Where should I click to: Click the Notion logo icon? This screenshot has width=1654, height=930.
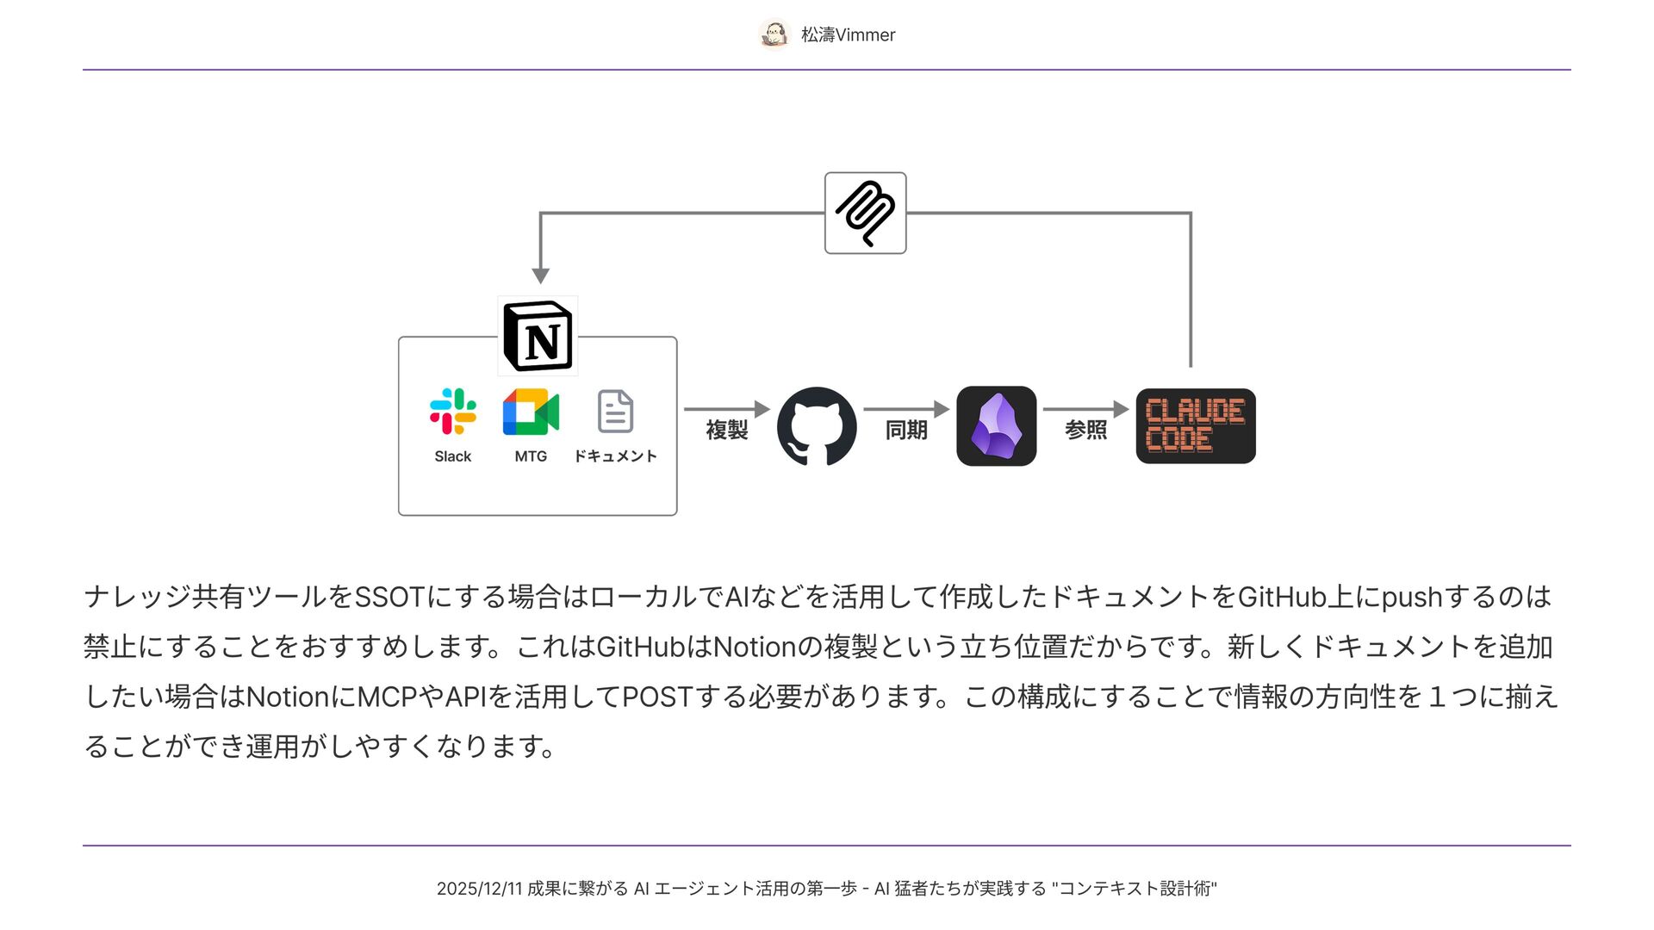pos(538,337)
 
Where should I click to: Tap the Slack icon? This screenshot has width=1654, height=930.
pos(453,412)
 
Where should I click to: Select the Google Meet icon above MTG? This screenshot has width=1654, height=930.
pos(531,412)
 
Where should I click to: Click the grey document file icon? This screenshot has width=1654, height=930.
pos(615,412)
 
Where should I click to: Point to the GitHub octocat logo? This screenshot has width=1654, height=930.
pos(817,426)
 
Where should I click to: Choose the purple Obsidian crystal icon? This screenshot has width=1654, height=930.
pos(997,426)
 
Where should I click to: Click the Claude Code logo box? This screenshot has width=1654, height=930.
pos(1196,426)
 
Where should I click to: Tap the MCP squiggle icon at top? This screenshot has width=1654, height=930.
pos(865,214)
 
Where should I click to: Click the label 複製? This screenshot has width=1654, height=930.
pos(727,430)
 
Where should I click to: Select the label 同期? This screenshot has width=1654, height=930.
pos(906,430)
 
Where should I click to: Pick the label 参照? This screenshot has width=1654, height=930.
pos(1085,430)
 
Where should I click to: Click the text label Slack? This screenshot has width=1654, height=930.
pos(453,456)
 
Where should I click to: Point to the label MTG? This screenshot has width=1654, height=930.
pos(531,456)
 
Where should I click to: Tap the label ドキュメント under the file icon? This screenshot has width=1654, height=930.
pos(615,456)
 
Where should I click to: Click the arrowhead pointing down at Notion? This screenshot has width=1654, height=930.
pos(540,276)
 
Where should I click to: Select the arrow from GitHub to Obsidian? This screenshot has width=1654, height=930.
pos(905,409)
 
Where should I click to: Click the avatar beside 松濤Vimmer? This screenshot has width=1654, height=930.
pos(774,34)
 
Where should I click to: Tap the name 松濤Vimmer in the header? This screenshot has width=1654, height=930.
pos(848,35)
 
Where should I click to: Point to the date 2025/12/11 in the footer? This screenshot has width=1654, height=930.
pos(479,889)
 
